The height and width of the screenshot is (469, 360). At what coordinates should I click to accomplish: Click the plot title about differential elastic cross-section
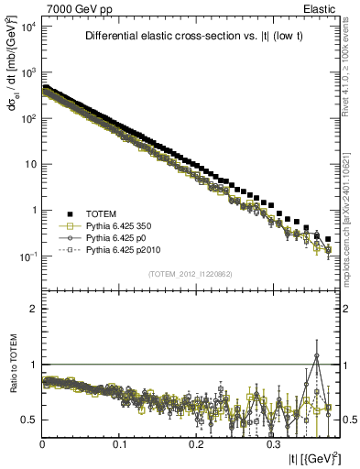click(189, 37)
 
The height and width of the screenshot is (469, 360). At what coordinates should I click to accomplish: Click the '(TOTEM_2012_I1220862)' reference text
click(189, 273)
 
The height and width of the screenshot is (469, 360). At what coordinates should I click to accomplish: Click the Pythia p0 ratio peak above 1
click(317, 355)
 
